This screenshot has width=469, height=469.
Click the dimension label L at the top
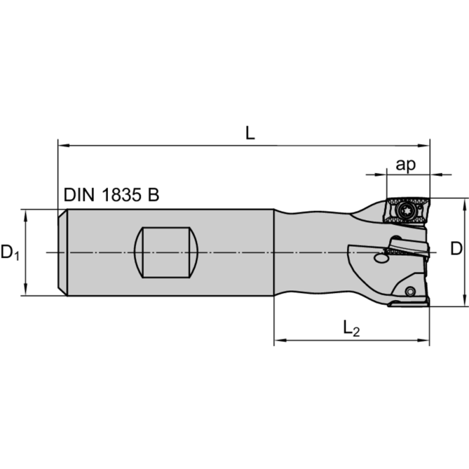point(250,133)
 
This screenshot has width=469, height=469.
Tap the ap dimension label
point(405,165)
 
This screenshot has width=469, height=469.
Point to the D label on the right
point(456,249)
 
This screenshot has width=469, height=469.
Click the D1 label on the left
point(10,253)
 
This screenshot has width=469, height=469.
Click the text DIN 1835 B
point(111,195)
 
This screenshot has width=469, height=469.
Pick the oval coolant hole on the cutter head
point(380,257)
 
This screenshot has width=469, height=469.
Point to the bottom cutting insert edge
point(409,303)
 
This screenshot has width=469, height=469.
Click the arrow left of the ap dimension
point(381,174)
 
